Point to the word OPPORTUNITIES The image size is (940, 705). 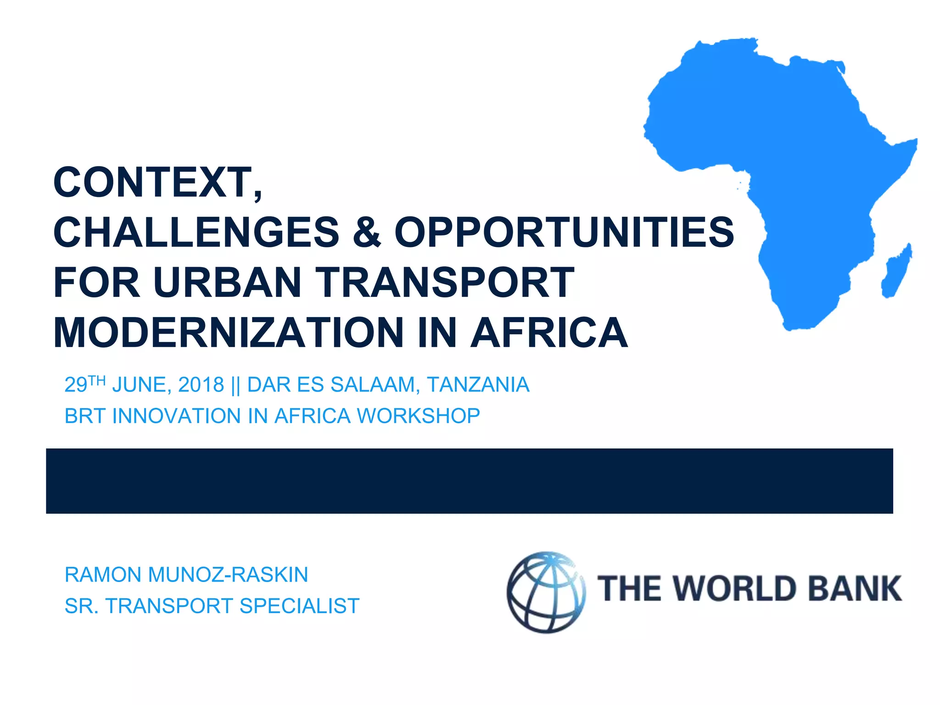564,232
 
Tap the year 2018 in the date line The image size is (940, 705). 201,385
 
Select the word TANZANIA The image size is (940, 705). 478,385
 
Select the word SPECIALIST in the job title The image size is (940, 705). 299,606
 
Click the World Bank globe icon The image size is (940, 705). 546,593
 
